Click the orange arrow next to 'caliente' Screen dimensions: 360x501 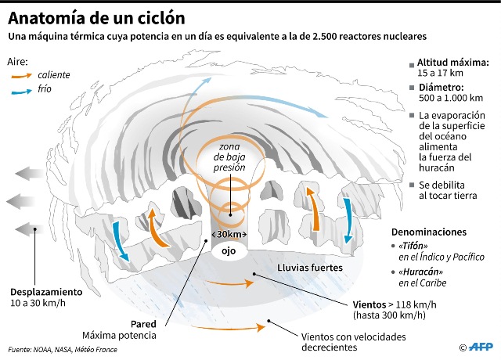click(23, 76)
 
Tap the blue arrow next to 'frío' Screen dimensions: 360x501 click(23, 92)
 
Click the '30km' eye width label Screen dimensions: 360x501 click(230, 235)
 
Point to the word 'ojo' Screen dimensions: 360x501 click(229, 253)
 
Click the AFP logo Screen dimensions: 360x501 click(480, 347)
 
